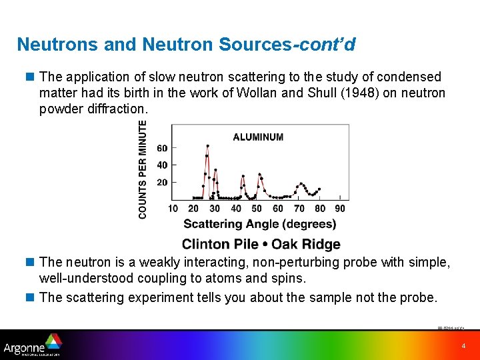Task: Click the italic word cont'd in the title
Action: (327, 45)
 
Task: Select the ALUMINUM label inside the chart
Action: (258, 137)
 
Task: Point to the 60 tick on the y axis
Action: (162, 148)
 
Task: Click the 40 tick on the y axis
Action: (162, 165)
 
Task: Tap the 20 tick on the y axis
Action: (162, 182)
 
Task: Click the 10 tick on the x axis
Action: (173, 209)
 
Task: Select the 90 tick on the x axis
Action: (340, 209)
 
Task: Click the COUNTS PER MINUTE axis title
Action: (143, 169)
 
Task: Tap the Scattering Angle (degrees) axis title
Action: (259, 224)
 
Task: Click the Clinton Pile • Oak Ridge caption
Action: (261, 244)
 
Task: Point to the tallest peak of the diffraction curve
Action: (207, 146)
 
